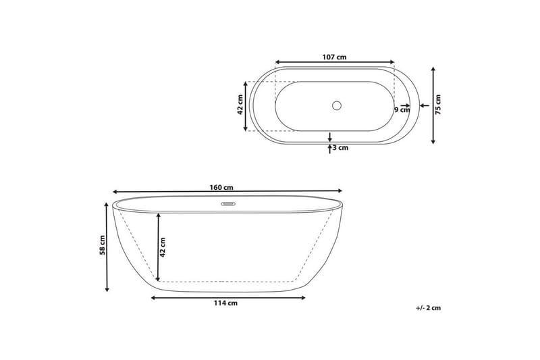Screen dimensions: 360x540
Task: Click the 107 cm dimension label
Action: (334, 57)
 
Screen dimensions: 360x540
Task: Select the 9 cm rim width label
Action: (402, 110)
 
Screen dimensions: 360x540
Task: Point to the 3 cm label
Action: (340, 147)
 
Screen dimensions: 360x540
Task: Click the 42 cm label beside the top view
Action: (240, 106)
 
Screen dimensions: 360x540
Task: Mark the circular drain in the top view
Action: (337, 105)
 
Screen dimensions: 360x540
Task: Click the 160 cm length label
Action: (223, 187)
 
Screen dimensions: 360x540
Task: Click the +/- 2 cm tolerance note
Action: (428, 307)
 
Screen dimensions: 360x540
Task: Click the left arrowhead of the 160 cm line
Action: (115, 192)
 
